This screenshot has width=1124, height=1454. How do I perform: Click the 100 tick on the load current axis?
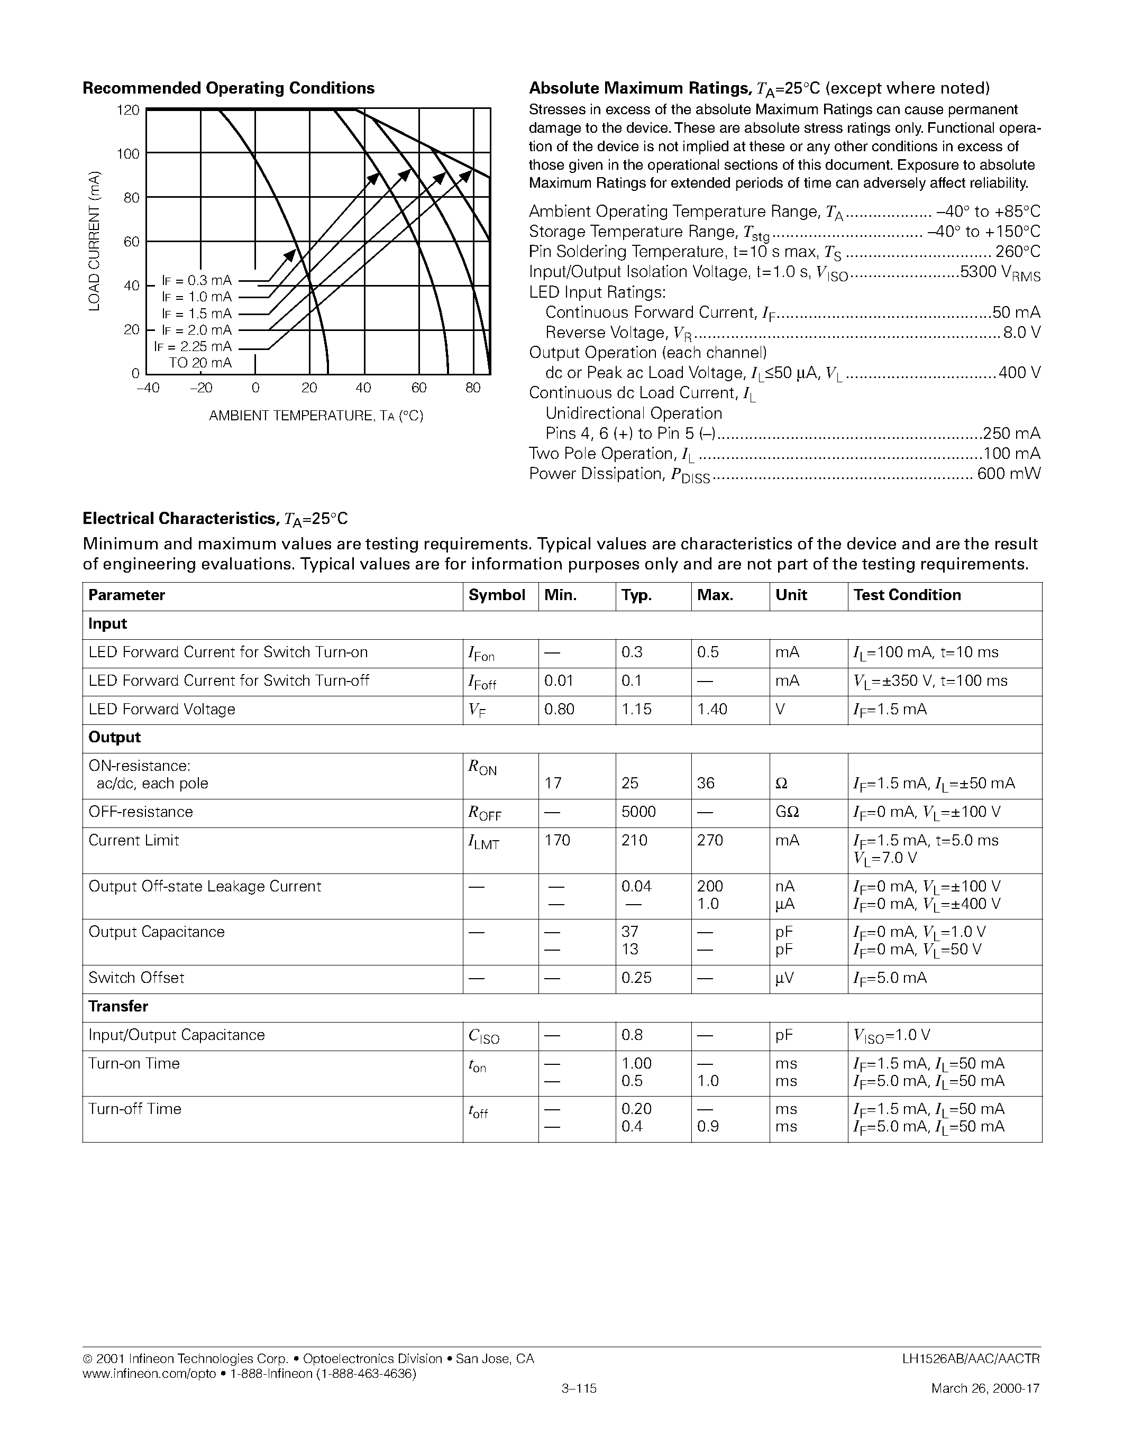point(128,154)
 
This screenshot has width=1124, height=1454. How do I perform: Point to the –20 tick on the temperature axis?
point(201,388)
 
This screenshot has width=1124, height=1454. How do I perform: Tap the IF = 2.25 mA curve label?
point(193,346)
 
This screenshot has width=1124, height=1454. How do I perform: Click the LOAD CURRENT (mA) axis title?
point(95,241)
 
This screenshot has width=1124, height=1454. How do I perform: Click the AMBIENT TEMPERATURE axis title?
point(316,416)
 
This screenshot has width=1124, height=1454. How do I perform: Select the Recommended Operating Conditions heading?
point(228,88)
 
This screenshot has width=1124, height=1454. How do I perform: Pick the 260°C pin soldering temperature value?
point(1018,252)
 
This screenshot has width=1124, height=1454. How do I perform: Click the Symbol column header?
point(497,595)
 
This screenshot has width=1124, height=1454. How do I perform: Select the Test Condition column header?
point(907,595)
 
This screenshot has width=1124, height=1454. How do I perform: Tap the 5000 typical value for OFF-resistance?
point(638,812)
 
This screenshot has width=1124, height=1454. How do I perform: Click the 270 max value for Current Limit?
point(710,841)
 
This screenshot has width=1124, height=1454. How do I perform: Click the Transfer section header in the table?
point(118,1007)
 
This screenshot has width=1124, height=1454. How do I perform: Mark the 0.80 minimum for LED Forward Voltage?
point(558,710)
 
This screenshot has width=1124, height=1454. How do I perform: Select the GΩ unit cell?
point(787,812)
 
